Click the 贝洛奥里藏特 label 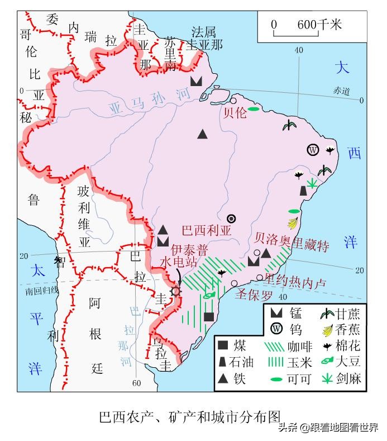pos(292,245)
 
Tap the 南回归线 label pos(41,290)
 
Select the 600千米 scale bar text pos(319,25)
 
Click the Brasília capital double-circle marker pos(232,218)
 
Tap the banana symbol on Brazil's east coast pos(292,223)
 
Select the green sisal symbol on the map pos(313,183)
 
